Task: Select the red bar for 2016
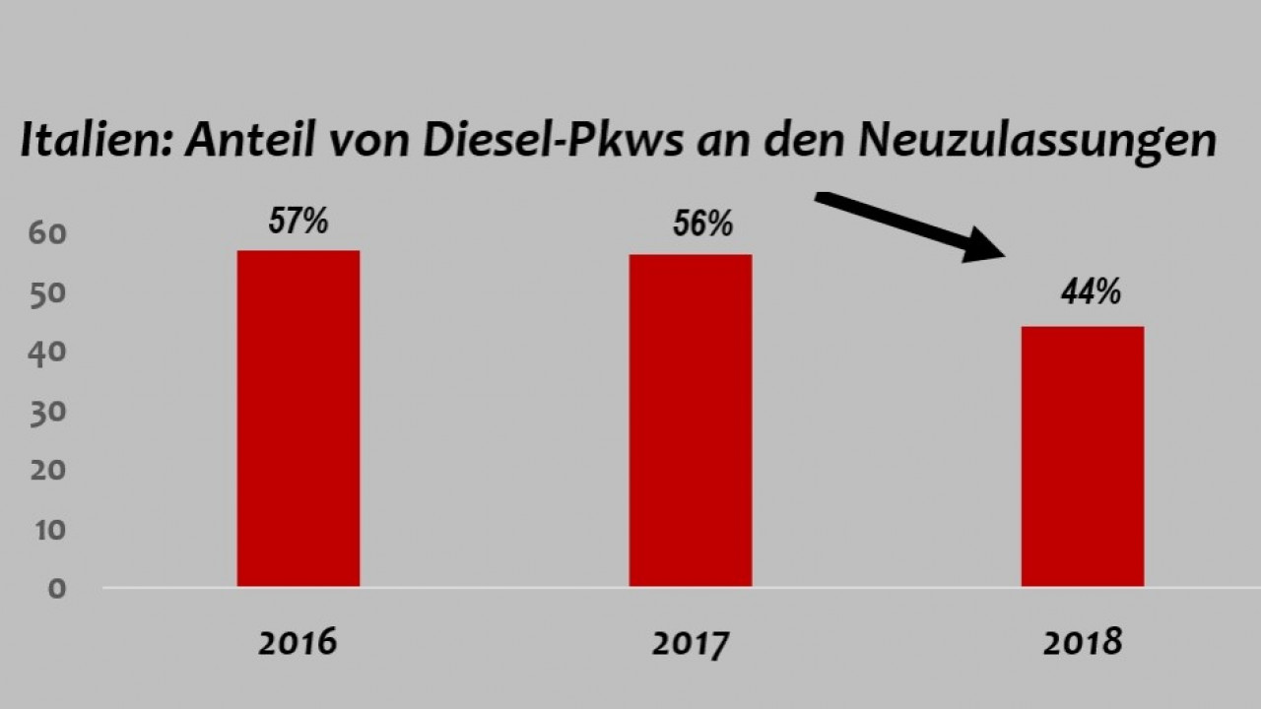click(x=298, y=419)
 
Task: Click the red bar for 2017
click(x=690, y=420)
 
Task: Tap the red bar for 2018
click(x=1082, y=456)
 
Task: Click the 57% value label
click(x=299, y=221)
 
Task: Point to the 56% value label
click(x=702, y=224)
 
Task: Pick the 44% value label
click(x=1091, y=291)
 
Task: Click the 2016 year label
click(x=298, y=643)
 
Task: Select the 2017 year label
click(x=690, y=645)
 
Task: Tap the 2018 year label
click(x=1082, y=643)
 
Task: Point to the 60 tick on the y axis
click(x=47, y=234)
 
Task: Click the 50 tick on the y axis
click(x=47, y=293)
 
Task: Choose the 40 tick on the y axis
click(x=47, y=352)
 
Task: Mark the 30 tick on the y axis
click(x=47, y=411)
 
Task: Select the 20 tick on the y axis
click(x=47, y=470)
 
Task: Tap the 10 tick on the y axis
click(x=47, y=529)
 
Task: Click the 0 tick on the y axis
click(x=55, y=588)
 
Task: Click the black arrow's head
click(x=985, y=246)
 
